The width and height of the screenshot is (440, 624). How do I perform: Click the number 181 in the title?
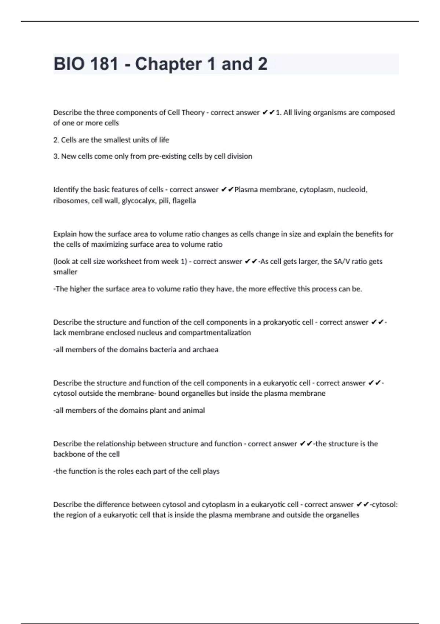[104, 64]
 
